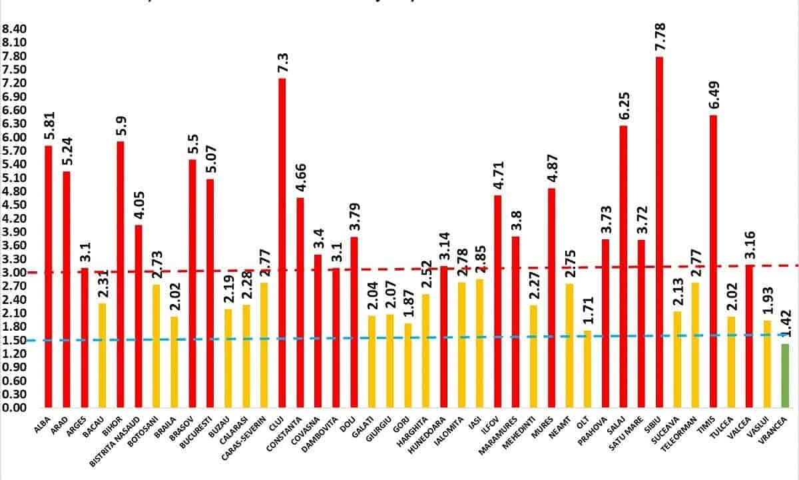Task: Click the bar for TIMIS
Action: click(713, 261)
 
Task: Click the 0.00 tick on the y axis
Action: click(15, 407)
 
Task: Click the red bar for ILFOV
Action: click(497, 301)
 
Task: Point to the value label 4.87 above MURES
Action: click(551, 170)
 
